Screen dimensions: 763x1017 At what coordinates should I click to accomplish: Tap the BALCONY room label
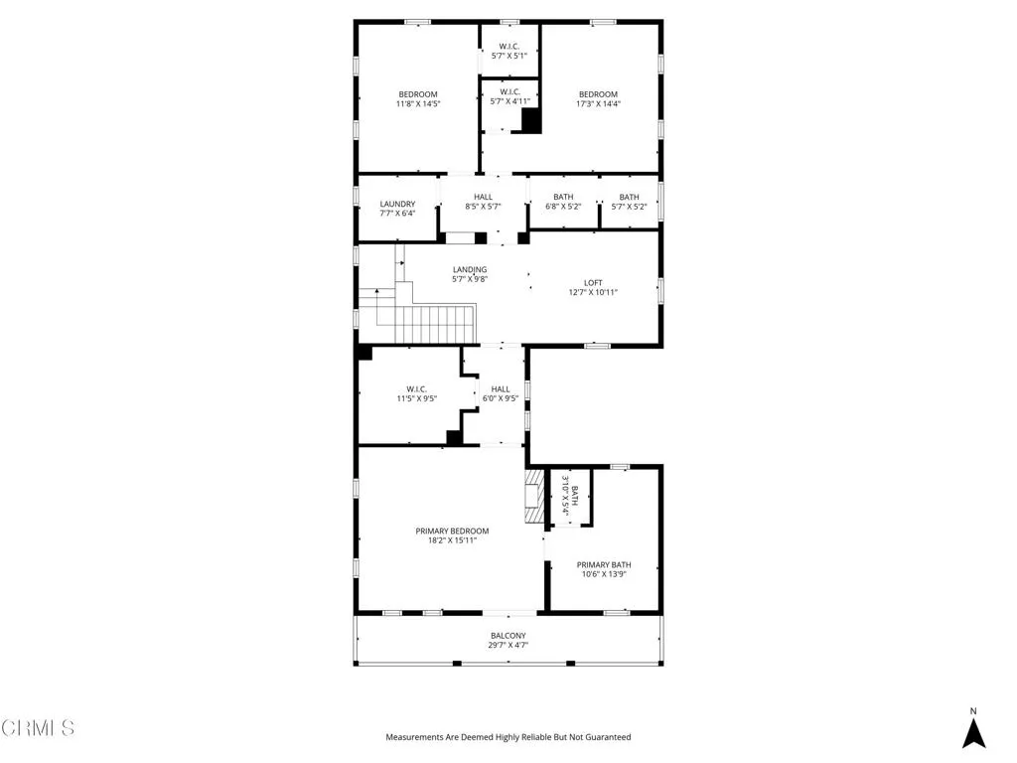click(508, 635)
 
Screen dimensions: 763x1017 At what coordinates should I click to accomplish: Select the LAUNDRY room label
click(396, 204)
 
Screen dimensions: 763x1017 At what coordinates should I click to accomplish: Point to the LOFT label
click(593, 282)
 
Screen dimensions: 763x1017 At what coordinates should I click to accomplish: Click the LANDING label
click(470, 269)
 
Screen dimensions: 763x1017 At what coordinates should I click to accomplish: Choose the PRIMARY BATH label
click(604, 564)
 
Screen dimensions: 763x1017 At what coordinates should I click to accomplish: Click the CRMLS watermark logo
click(38, 728)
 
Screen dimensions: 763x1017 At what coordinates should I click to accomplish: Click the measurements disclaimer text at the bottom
click(508, 737)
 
